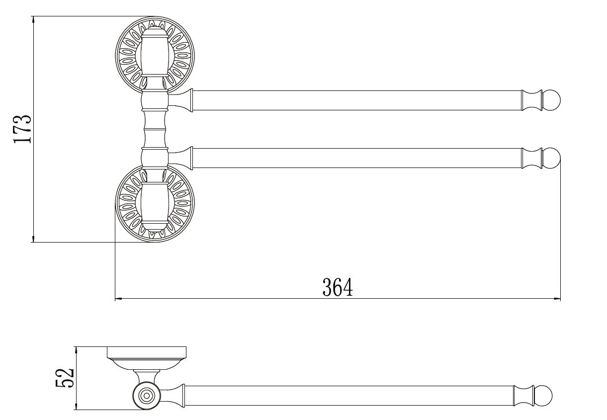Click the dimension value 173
click(22, 129)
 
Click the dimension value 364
click(338, 287)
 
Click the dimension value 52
click(65, 378)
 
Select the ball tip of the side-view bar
click(543, 396)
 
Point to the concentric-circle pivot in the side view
click(147, 396)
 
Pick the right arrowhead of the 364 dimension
click(557, 299)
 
